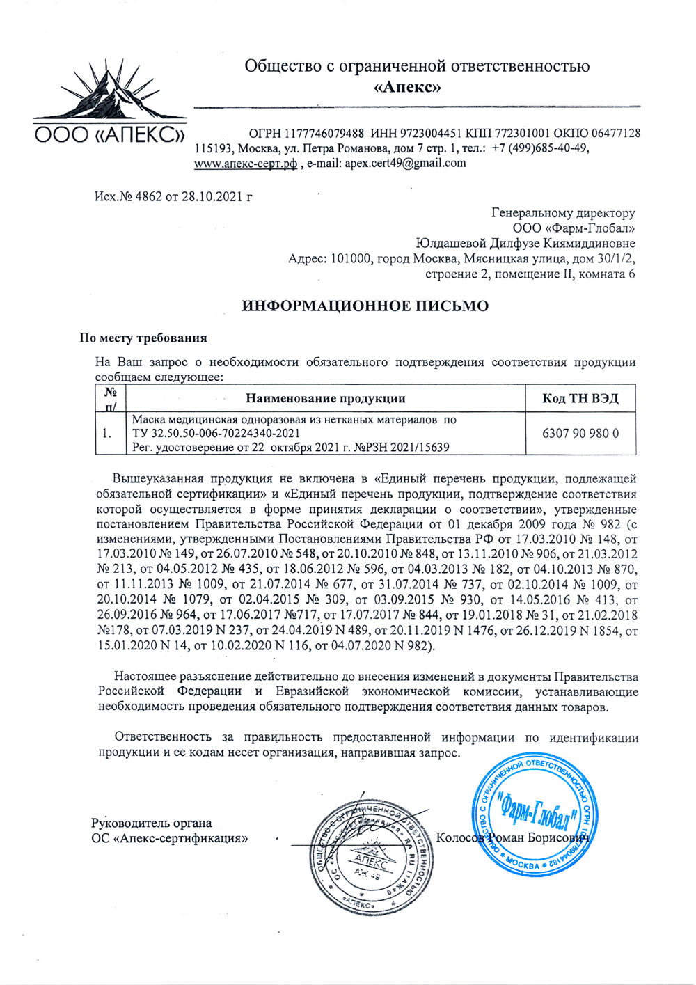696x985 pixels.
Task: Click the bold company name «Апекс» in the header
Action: [416, 88]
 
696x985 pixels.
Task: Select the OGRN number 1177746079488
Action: [324, 133]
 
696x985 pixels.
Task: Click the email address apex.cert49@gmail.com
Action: [405, 164]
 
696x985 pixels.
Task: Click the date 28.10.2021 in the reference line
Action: [208, 196]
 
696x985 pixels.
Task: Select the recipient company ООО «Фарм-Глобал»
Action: [574, 228]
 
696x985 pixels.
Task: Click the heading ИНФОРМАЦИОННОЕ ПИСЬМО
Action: [365, 306]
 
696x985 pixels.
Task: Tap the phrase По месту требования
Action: [143, 338]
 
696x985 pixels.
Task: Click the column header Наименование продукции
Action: [325, 398]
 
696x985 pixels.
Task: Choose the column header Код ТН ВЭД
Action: [580, 398]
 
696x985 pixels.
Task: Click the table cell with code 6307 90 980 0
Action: [580, 433]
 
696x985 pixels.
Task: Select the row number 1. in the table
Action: [107, 433]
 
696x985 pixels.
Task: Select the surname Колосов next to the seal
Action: [459, 837]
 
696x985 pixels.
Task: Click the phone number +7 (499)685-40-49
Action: [540, 148]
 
